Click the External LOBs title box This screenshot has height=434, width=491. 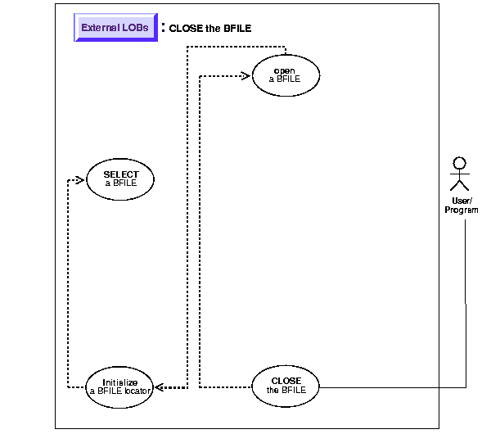[x=115, y=27]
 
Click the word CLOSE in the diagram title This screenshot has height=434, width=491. [x=186, y=28]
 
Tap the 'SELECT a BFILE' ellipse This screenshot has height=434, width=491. [x=120, y=179]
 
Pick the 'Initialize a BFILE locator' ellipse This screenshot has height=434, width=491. [x=120, y=387]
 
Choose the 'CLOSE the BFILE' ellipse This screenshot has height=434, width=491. [x=285, y=386]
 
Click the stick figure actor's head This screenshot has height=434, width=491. [x=460, y=162]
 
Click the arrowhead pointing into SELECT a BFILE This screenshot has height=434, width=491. [x=79, y=179]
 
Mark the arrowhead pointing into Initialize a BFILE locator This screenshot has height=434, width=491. [x=160, y=387]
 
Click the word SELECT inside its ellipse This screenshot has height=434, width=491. [x=120, y=174]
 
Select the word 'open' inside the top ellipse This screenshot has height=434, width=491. [x=285, y=70]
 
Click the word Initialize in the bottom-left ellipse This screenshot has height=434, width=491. [x=120, y=382]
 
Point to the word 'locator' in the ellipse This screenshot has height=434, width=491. [x=136, y=391]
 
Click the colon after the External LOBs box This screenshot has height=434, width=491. [x=163, y=27]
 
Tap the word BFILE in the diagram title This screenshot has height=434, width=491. [x=236, y=28]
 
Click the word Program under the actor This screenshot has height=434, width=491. [x=462, y=210]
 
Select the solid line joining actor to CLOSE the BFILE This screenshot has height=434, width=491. [x=466, y=311]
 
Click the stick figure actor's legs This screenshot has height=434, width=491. [x=460, y=188]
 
